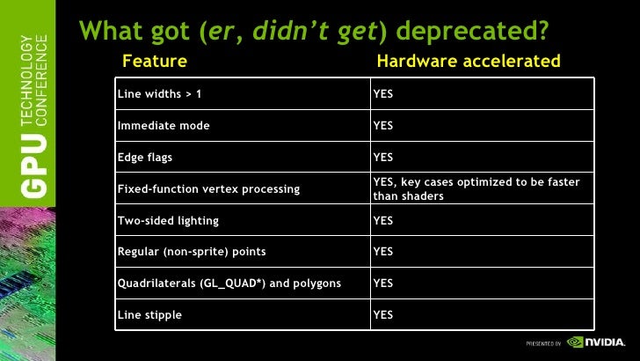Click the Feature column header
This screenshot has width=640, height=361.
point(155,62)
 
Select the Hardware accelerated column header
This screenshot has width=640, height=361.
point(469,62)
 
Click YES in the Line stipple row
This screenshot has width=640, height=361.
point(383,314)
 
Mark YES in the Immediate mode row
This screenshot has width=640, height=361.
point(383,126)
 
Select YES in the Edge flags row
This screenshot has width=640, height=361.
point(383,158)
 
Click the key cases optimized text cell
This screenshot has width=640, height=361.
point(476,189)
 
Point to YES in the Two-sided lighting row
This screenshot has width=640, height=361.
point(383,220)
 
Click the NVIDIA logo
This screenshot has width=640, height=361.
point(597,342)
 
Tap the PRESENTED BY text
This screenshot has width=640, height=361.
point(544,342)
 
